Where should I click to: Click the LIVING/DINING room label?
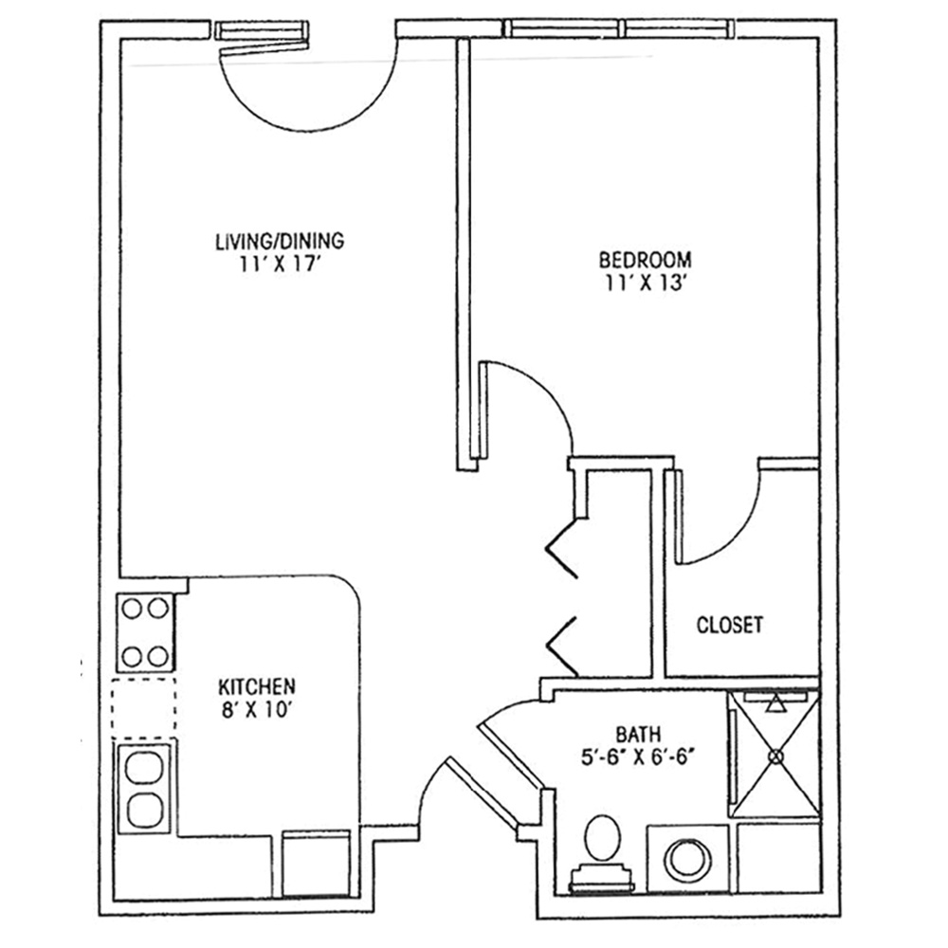point(280,241)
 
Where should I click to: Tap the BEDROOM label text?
point(645,260)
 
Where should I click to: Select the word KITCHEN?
point(256,686)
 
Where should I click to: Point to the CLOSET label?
point(730,625)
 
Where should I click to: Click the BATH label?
point(638,735)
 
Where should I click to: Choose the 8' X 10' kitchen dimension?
point(256,710)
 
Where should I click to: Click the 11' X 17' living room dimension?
point(279,264)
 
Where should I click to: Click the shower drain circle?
point(775,756)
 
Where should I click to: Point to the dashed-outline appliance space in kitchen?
point(144,707)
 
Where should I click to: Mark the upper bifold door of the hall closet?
point(562,549)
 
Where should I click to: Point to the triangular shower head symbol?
point(775,703)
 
